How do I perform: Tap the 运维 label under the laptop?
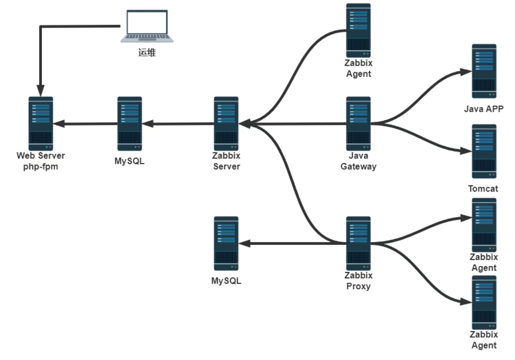(x=147, y=53)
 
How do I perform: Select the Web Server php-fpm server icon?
(x=41, y=123)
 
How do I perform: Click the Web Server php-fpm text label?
(x=41, y=161)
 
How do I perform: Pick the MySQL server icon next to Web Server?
(x=129, y=123)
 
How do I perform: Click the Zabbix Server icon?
(x=226, y=123)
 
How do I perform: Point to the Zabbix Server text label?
(x=226, y=161)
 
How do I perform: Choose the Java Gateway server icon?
(x=359, y=123)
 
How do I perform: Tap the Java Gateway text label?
(x=359, y=161)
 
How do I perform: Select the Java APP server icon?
(x=484, y=71)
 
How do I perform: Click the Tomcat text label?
(x=483, y=189)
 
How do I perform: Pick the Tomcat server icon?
(x=484, y=151)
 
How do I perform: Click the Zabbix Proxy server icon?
(x=359, y=243)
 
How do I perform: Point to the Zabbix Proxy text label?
(x=359, y=281)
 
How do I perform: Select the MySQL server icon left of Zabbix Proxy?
(x=226, y=243)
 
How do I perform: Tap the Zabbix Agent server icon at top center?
(x=359, y=30)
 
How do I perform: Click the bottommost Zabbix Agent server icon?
(x=484, y=303)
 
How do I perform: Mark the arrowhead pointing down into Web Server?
(x=41, y=91)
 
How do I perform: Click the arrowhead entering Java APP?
(x=466, y=72)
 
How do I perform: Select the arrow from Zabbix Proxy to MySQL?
(x=289, y=243)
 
